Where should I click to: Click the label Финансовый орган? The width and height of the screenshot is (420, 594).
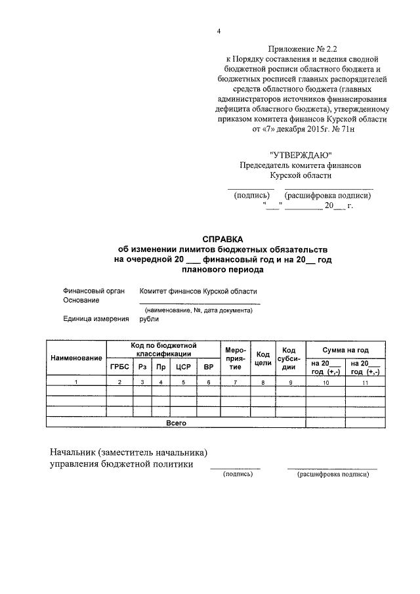[x=91, y=290]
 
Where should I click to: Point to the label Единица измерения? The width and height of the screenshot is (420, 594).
[x=94, y=319]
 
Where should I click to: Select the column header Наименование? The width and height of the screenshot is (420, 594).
[x=77, y=357]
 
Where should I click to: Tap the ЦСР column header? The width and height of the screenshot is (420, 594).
[x=183, y=366]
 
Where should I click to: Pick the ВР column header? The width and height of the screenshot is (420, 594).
[x=209, y=366]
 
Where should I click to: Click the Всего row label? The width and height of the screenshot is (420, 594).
[x=176, y=423]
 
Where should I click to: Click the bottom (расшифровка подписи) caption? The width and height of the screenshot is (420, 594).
[x=333, y=474]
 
